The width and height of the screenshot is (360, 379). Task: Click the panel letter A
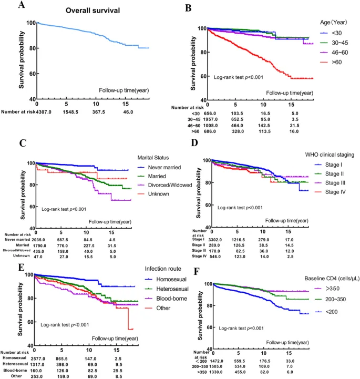21,6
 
